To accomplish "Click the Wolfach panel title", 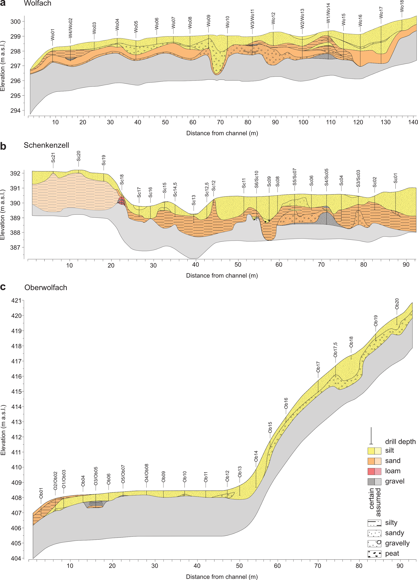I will pos(37,3).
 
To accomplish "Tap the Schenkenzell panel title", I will pos(46,145).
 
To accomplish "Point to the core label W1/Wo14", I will pos(328,13).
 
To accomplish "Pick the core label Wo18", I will pos(402,6).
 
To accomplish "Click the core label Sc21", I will pos(53,158).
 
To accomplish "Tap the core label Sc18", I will pos(122,180).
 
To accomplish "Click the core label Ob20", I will pos(397,304).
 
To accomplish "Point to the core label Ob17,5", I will pos(335,350).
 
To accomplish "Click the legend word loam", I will pos(393,471).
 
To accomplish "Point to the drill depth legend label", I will pos(400,442).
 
